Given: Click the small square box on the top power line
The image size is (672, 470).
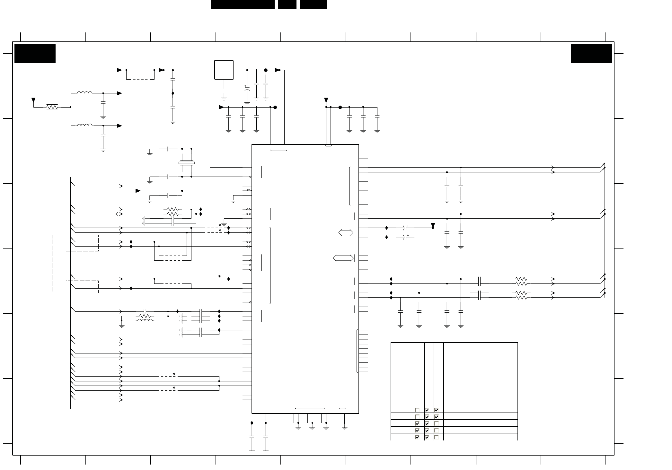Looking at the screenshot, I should coord(224,70).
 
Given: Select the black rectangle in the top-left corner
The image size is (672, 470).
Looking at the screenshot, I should coord(35,54).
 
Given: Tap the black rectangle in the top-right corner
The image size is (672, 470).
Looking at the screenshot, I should coord(591,54).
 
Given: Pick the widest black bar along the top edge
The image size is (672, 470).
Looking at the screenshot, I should coord(243,4).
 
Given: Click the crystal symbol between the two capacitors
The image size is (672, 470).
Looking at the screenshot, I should coord(187,163).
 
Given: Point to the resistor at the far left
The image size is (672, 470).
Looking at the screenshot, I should coord(52,107).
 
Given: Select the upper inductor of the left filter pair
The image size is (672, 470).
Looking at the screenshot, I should coord(85,93).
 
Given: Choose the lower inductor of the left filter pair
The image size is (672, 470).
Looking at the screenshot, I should coord(85,126).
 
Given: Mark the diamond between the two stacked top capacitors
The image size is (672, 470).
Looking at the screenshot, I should coord(173,93).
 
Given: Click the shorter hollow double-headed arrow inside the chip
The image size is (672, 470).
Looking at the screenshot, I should coord(346,233).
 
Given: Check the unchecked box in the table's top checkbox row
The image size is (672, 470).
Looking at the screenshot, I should coord(417,410).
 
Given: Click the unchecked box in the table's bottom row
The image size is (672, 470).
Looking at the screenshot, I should coord(437,437).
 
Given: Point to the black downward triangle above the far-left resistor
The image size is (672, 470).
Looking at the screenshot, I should coord(33,100).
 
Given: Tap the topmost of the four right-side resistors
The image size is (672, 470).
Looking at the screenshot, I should coord(521,279).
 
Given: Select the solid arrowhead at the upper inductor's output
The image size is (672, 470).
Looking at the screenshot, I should coord(119,93).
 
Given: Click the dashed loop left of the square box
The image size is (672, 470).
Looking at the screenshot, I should coord(140,74).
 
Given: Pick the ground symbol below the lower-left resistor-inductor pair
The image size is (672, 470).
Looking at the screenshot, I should coord(122,326).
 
